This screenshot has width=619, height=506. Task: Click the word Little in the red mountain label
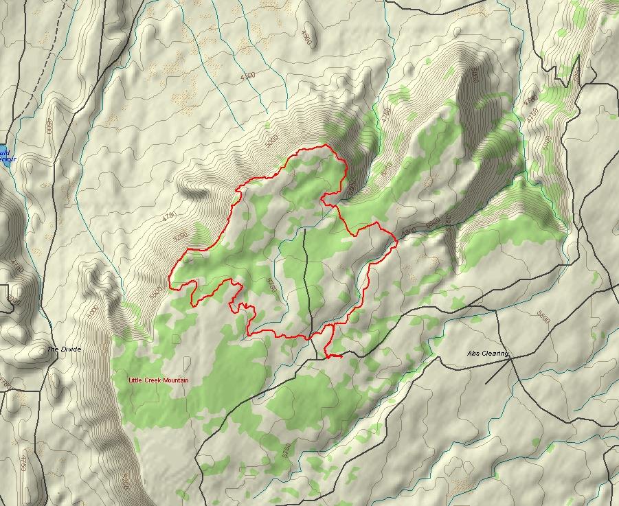137,380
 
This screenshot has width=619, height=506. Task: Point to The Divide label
64,349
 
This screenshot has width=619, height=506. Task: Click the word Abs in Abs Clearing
473,354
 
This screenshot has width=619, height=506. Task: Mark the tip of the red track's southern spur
341,356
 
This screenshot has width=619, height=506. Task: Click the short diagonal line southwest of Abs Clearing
497,371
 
